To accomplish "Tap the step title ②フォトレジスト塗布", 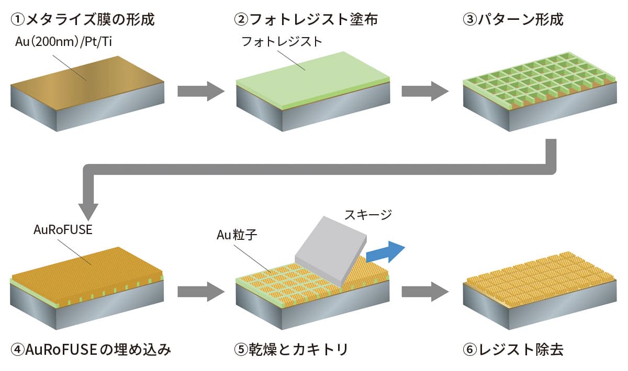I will coord(306,20).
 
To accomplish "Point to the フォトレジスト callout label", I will coord(282,42).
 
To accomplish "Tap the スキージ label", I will coord(368,214).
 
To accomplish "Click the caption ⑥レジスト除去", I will coord(513,350).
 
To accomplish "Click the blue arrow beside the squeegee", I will coord(386,254).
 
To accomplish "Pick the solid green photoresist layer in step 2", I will coord(314,73).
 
